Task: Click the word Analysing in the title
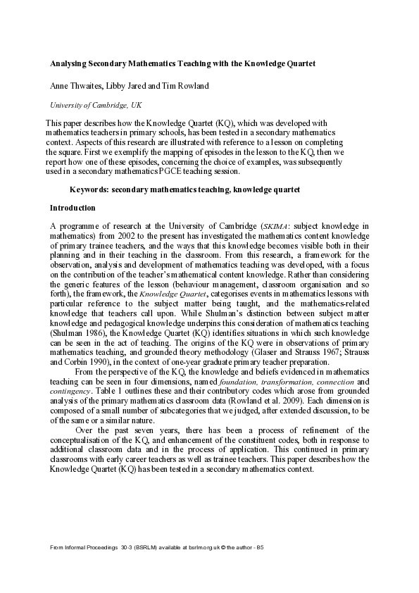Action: pos(69,63)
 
